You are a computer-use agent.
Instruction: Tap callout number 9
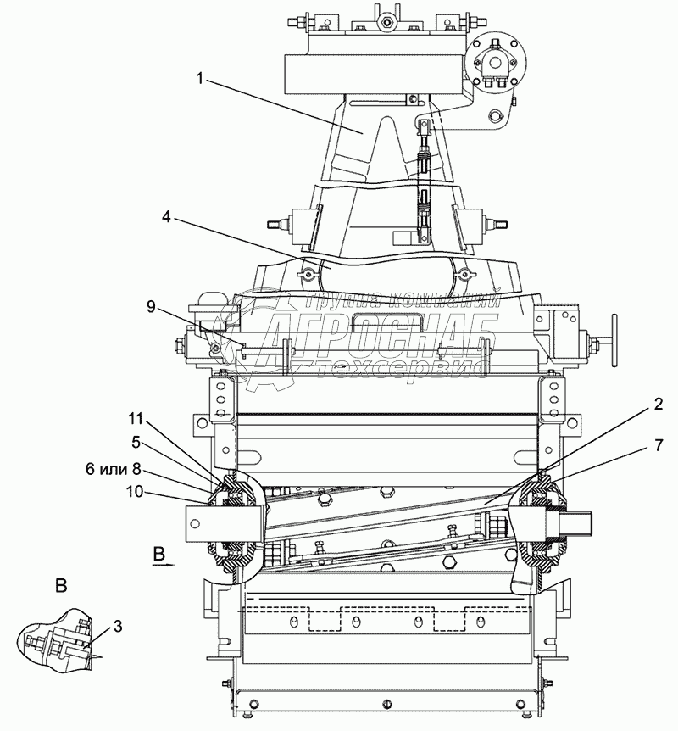tap(150, 308)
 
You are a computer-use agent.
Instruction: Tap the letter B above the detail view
tap(60, 585)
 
